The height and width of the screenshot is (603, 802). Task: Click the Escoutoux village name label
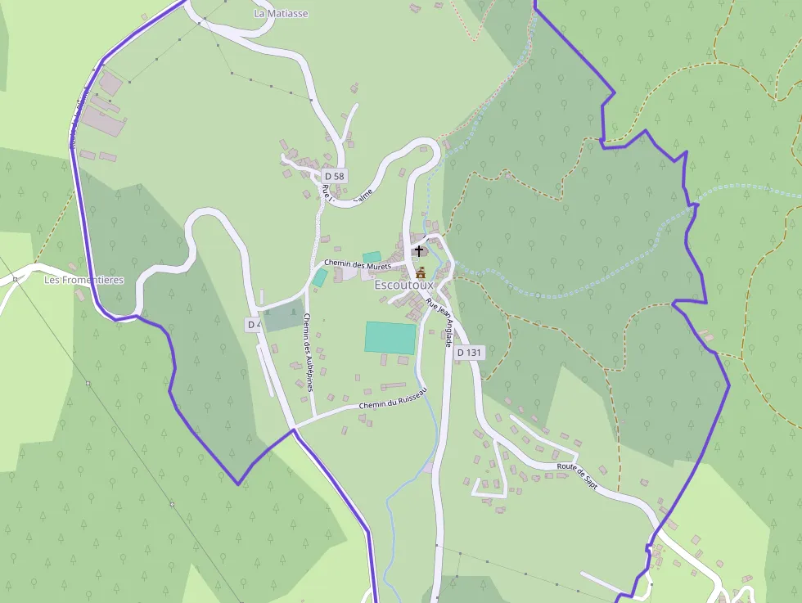coord(403,286)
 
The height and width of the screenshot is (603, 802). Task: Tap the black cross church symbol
coord(420,250)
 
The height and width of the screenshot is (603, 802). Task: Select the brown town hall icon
coord(421,272)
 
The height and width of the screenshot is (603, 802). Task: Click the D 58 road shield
coord(334,176)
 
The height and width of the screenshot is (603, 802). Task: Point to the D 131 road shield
coord(470,353)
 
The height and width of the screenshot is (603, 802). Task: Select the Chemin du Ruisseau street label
coord(393,399)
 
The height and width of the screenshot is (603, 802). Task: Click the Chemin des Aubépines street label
coord(309,352)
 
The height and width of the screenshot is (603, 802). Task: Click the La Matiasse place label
coord(281,14)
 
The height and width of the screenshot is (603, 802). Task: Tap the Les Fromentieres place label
coord(83,280)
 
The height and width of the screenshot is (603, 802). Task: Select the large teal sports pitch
coord(390,338)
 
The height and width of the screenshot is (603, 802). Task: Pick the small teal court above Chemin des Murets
coord(372,257)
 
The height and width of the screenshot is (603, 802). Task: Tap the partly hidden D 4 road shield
coord(254,325)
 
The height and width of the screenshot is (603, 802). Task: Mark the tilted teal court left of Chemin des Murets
coord(319,277)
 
